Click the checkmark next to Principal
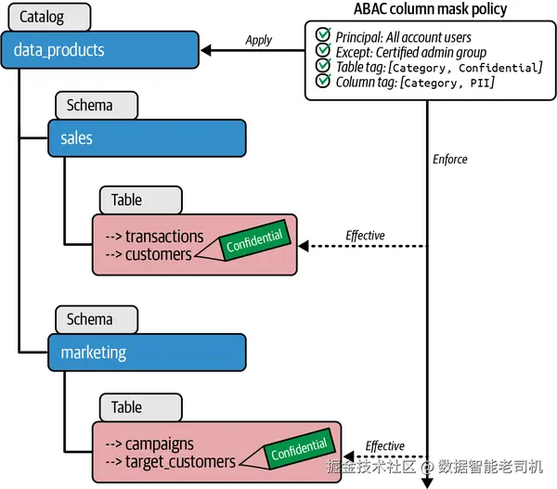tap(323, 36)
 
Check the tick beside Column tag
tap(323, 83)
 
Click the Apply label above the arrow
tap(258, 40)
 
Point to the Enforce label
tap(449, 160)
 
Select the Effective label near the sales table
tap(365, 235)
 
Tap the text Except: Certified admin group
tap(410, 52)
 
